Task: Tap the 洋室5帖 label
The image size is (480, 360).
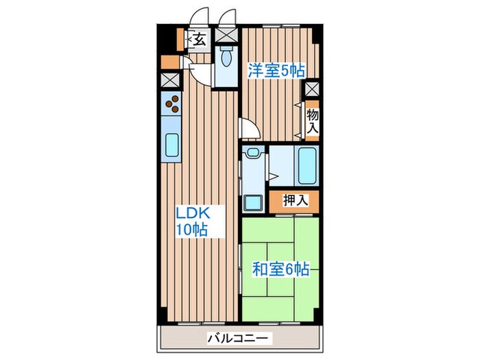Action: (x=276, y=71)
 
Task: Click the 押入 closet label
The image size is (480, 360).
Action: (x=296, y=200)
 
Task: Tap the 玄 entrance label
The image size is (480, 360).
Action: (x=199, y=40)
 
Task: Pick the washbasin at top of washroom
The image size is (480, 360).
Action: (x=253, y=153)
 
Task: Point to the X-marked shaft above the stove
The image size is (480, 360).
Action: (x=169, y=80)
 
